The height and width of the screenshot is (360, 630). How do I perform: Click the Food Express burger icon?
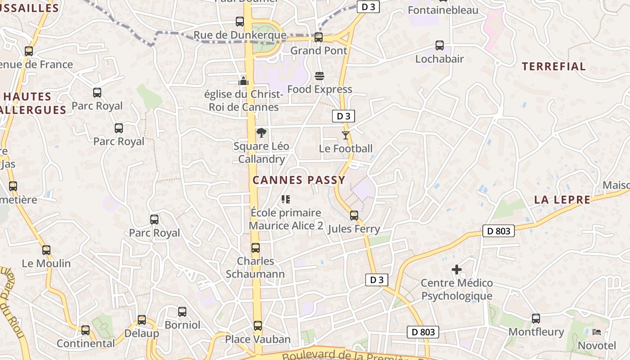319,76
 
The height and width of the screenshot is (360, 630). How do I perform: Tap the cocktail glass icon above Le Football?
346,135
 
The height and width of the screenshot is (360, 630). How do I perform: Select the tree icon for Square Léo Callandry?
261,133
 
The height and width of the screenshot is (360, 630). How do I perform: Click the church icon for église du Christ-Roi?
243,81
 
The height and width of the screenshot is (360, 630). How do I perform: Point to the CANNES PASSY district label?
299,180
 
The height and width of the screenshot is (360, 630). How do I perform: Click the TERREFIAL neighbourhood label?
553,67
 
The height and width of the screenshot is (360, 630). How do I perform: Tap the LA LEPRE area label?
562,200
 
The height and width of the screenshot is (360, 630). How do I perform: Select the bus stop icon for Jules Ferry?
354,216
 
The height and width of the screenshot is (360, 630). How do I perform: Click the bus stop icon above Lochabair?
440,45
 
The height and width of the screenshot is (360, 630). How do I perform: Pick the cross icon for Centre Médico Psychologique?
457,270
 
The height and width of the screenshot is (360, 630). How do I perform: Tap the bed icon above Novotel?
597,332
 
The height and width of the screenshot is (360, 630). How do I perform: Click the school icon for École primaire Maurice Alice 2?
286,199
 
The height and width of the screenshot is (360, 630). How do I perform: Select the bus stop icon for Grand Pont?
319,37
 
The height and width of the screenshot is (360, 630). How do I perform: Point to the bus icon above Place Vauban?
258,326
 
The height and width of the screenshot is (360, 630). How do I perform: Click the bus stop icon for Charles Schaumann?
256,248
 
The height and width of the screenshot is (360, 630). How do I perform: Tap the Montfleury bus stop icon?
536,319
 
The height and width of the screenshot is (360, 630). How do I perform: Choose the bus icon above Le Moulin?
46,250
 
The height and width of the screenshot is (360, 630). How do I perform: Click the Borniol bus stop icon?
182,311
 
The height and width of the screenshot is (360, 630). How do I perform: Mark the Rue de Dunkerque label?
239,35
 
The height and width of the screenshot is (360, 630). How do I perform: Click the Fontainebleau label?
443,10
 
